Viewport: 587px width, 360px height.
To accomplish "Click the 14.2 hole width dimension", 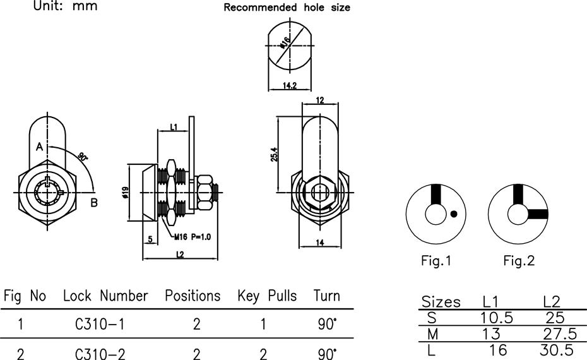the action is point(289,86).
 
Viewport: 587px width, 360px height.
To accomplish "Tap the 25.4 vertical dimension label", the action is point(274,154).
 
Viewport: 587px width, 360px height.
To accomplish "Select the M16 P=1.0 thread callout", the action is point(193,237).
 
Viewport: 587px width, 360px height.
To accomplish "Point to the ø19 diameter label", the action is point(126,193).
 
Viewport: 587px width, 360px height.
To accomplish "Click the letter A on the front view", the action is point(39,147).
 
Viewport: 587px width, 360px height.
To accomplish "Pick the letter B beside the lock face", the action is point(94,203).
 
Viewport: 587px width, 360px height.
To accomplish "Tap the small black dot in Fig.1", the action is point(454,214).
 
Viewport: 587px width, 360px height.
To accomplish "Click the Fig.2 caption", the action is point(519,260).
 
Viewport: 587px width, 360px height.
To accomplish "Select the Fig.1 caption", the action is point(436,260).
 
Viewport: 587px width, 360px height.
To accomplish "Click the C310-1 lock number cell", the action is point(99,324).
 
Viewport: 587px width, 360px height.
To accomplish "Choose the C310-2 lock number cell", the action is point(100,354).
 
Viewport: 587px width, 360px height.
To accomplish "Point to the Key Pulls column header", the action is point(267,296).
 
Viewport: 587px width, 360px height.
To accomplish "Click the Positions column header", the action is point(193,296).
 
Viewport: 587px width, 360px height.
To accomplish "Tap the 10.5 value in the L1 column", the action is point(496,318).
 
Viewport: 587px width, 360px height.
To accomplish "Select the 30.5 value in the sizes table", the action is point(556,351).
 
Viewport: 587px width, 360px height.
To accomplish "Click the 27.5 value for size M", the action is point(560,333).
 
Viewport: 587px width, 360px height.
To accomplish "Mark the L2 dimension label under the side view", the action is point(180,255).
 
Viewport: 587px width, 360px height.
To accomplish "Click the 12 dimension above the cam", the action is point(320,100).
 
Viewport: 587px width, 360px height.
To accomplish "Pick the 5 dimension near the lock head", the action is point(150,239).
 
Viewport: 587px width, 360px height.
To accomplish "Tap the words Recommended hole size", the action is point(287,8).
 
